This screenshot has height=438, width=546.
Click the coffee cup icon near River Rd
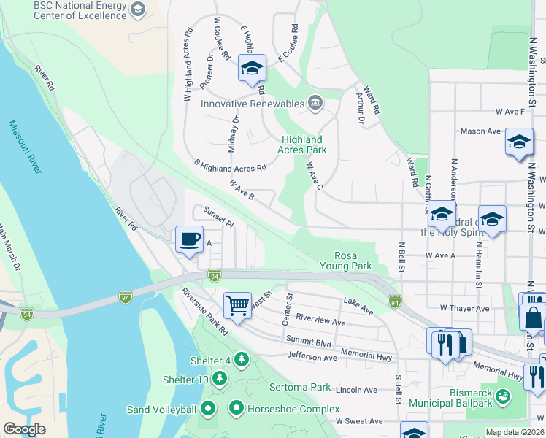tap(189, 239)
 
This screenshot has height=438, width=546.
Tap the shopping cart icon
tap(237, 305)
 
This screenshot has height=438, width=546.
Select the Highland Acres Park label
tap(301, 145)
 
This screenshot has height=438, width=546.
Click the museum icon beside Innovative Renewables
tap(315, 102)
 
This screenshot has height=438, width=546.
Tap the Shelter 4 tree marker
tap(242, 359)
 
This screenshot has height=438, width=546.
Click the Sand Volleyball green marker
tap(208, 409)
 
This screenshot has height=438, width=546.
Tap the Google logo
tap(24, 429)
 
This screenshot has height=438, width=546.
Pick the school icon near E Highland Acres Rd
tap(251, 69)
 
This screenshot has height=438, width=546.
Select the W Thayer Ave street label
tap(464, 309)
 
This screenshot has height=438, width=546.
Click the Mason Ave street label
tap(480, 131)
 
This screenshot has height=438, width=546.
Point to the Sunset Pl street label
tap(218, 216)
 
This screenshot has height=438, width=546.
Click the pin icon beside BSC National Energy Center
tap(138, 9)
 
